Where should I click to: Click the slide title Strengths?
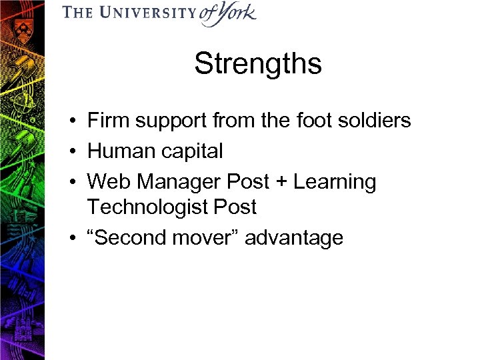tap(257, 64)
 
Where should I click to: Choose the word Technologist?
tap(148, 207)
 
